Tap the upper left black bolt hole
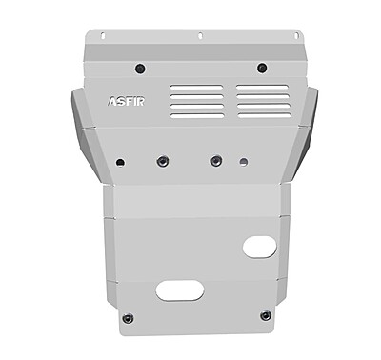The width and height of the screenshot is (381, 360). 140,68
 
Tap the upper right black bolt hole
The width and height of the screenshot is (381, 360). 260,68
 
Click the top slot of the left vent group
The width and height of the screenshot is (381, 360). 199,87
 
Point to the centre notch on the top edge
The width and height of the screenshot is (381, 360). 200,36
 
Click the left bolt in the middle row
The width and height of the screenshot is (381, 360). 162,160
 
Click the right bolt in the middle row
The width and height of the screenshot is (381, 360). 215,160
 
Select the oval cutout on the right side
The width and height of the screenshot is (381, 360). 259,248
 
